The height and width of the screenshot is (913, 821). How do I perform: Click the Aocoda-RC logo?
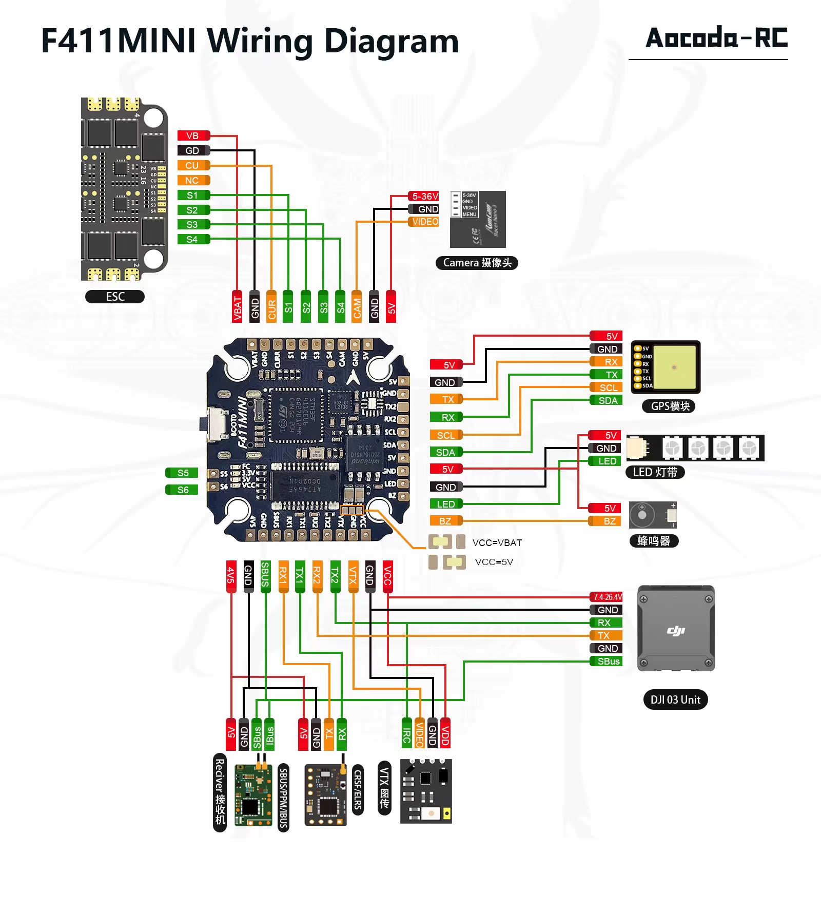click(x=716, y=38)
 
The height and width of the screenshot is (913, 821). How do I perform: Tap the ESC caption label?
click(x=115, y=297)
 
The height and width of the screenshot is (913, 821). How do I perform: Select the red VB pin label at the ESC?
click(x=193, y=135)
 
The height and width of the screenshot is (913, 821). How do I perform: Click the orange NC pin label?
click(x=193, y=180)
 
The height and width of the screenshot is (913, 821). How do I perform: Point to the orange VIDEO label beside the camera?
click(x=424, y=222)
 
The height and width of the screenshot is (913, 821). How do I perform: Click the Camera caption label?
click(x=477, y=263)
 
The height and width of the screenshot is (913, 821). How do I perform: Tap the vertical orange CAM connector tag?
click(x=357, y=307)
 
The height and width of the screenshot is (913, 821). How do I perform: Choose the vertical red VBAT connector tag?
click(x=238, y=307)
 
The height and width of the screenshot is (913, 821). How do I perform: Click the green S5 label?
click(x=182, y=473)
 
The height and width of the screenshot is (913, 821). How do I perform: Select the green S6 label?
click(x=182, y=490)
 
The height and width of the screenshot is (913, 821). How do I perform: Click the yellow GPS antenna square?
click(x=674, y=367)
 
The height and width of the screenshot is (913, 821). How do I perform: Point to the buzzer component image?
click(x=652, y=515)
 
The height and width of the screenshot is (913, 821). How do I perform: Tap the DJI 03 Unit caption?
click(x=675, y=700)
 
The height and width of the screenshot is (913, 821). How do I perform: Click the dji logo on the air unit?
click(x=676, y=630)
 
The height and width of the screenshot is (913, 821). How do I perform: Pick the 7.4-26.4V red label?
click(x=607, y=597)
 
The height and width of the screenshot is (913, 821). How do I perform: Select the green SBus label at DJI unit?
click(x=607, y=661)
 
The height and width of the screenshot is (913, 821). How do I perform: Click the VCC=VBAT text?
click(x=497, y=542)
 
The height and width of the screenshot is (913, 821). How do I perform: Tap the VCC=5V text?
click(x=494, y=562)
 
